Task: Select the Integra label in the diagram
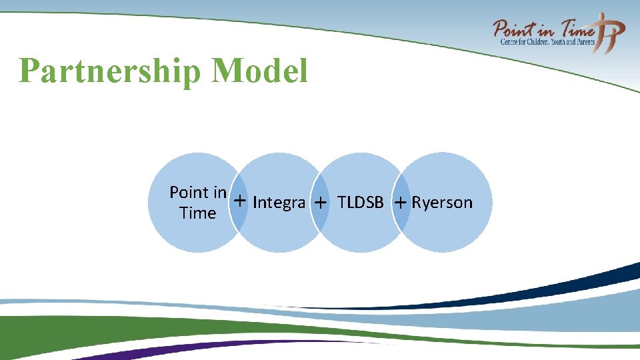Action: click(279, 203)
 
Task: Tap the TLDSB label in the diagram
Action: click(361, 202)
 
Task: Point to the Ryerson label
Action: click(442, 202)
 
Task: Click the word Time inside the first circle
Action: click(198, 213)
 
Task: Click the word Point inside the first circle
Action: click(189, 193)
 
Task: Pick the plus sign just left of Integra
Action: click(239, 201)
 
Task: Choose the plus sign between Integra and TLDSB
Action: click(321, 203)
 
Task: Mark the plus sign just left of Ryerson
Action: click(400, 202)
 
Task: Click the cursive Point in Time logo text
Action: click(543, 29)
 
